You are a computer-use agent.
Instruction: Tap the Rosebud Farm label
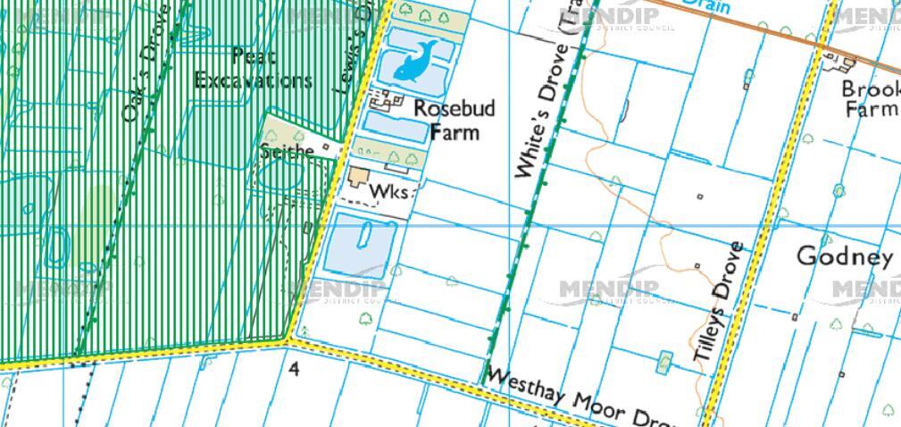(x=454, y=120)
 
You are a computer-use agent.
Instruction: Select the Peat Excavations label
(x=253, y=68)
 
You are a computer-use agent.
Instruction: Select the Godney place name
(x=844, y=257)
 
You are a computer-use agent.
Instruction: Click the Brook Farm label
(x=871, y=99)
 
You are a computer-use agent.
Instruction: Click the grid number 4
(x=295, y=367)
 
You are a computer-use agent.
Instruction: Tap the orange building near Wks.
(x=360, y=175)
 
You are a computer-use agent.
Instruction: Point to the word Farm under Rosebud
(x=455, y=132)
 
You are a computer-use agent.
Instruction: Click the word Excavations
(x=253, y=80)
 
